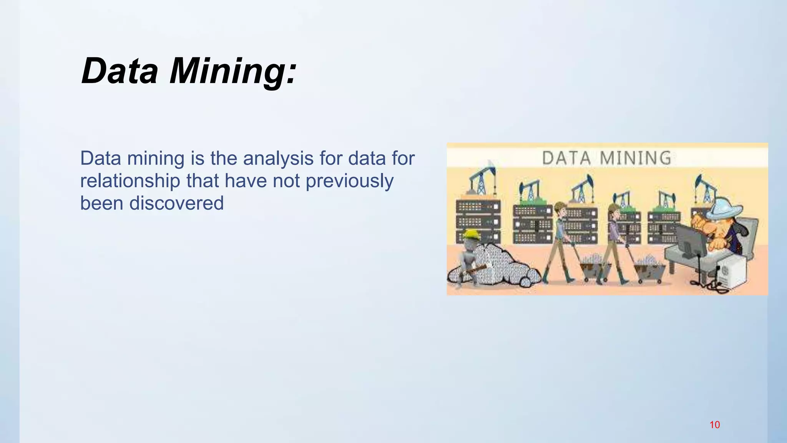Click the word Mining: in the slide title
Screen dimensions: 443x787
233,71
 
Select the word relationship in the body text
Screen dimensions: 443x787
130,181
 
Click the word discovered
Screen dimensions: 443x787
176,203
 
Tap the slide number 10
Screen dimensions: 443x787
714,425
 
